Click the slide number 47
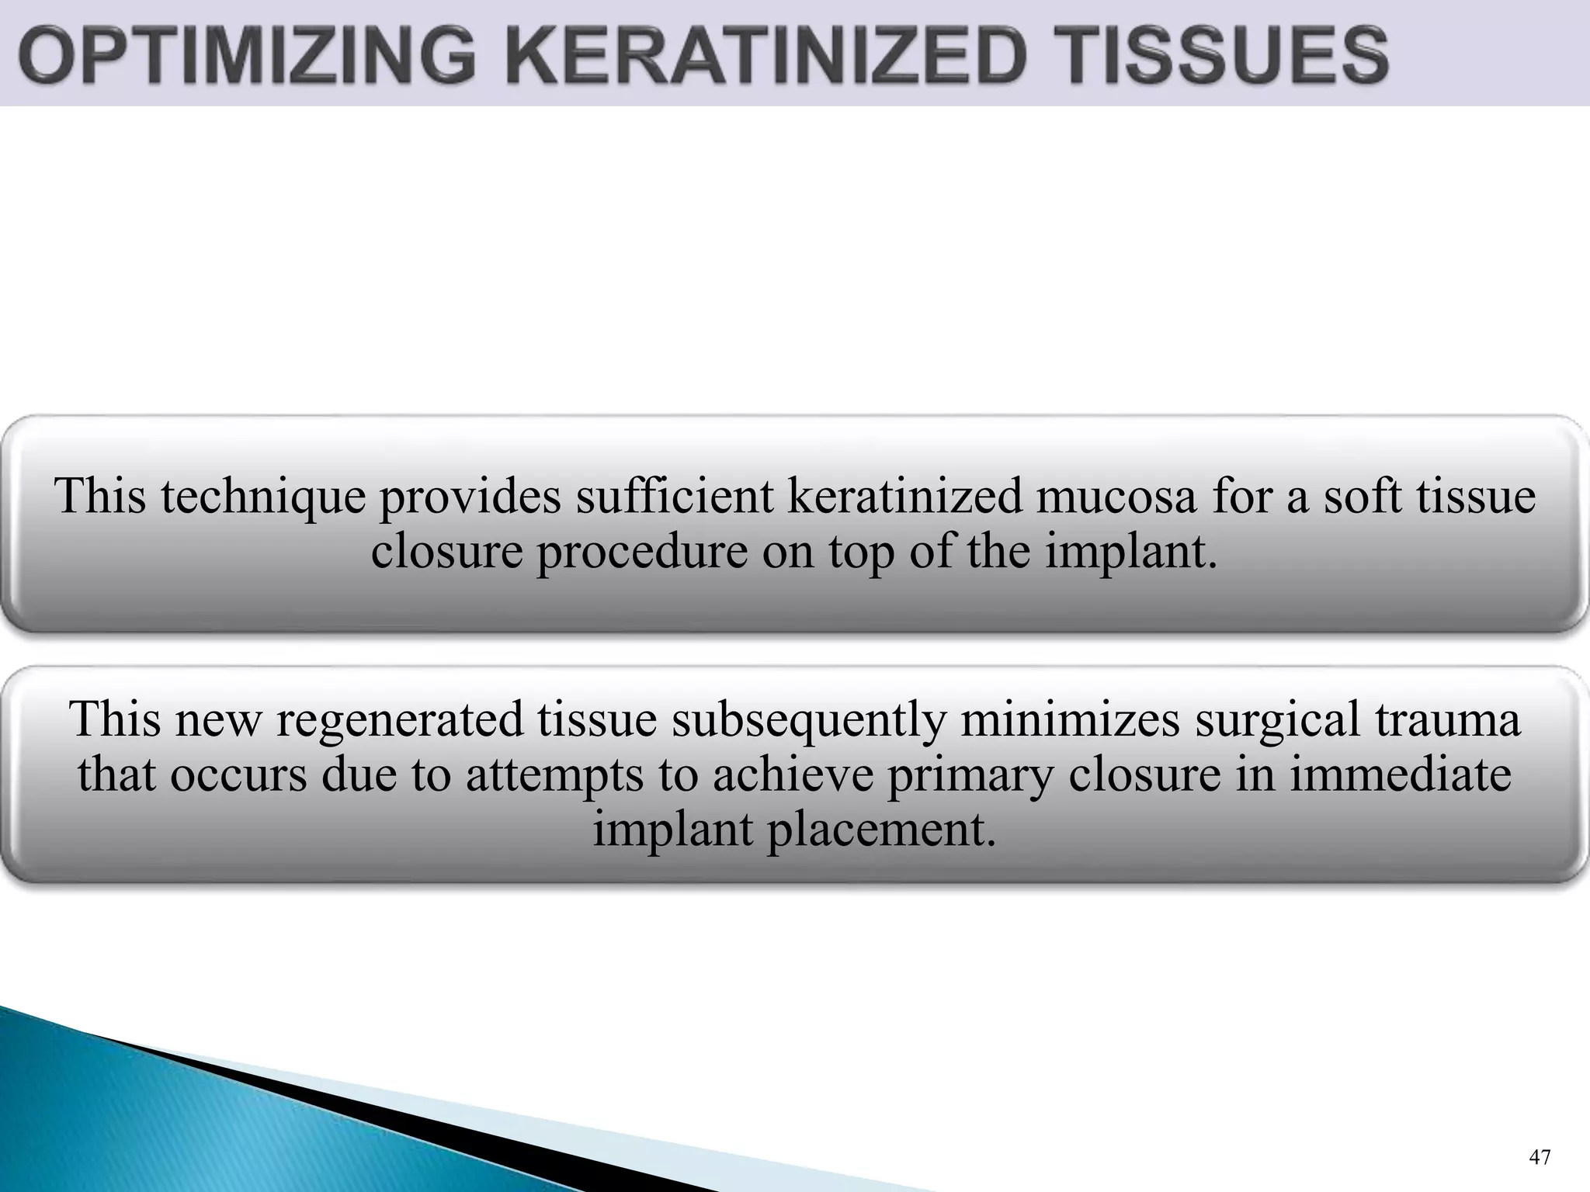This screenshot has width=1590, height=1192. pyautogui.click(x=1539, y=1157)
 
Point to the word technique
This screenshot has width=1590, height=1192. pyautogui.click(x=263, y=497)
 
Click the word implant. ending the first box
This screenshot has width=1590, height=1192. pyautogui.click(x=1130, y=553)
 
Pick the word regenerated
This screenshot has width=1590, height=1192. pyautogui.click(x=401, y=719)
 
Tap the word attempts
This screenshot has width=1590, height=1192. pyautogui.click(x=555, y=775)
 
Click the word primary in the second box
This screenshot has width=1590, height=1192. pyautogui.click(x=970, y=775)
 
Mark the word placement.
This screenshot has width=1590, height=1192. pyautogui.click(x=881, y=830)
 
